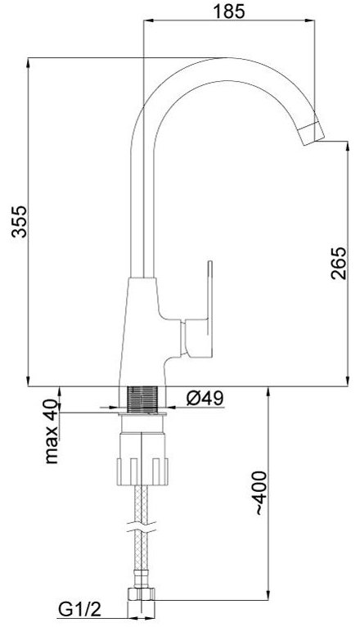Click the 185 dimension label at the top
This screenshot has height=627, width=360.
pyautogui.click(x=228, y=11)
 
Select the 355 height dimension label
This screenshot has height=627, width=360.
pyautogui.click(x=19, y=222)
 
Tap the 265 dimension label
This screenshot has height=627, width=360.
pyautogui.click(x=338, y=263)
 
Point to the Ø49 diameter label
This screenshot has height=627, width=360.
pyautogui.click(x=205, y=398)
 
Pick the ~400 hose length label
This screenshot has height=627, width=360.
pyautogui.click(x=260, y=493)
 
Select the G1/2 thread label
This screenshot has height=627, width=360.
pyautogui.click(x=80, y=610)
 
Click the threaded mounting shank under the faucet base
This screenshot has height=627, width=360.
pyautogui.click(x=142, y=400)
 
